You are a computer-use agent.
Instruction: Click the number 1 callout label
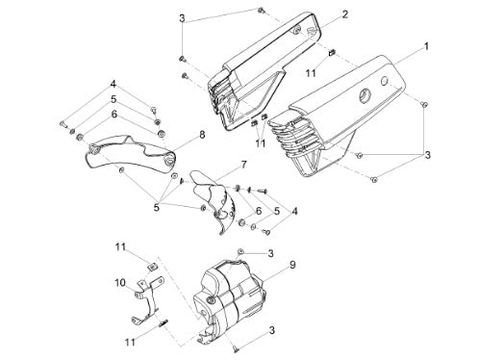[x=426, y=46]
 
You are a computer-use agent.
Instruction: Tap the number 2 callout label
[x=345, y=14]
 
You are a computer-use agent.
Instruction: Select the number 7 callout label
[x=243, y=165]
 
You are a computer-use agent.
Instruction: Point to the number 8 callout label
[x=202, y=135]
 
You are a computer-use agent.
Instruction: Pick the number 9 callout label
[x=292, y=265]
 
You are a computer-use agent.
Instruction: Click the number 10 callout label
[x=120, y=283]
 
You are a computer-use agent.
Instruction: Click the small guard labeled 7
[x=214, y=199]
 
